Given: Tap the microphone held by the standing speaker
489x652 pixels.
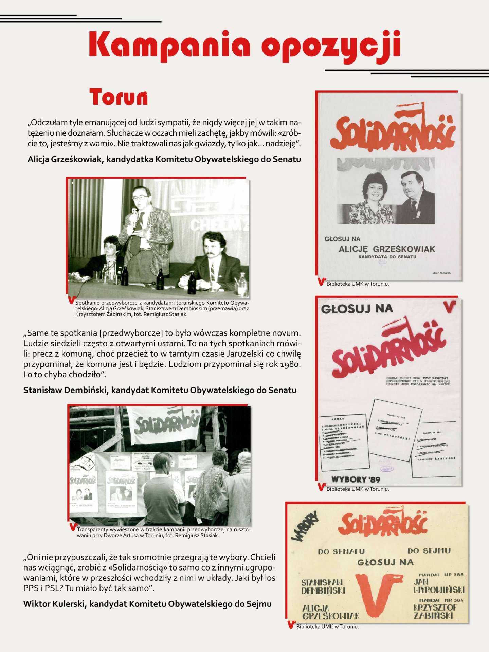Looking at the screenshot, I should (x=134, y=213).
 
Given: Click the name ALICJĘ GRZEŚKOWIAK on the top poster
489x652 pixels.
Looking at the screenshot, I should (x=386, y=249).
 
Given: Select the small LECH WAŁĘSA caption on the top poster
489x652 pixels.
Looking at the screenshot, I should (x=441, y=273).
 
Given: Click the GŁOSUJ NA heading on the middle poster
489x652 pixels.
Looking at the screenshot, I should (x=357, y=309).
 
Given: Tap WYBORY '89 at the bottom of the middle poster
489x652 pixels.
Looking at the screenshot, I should (x=356, y=479).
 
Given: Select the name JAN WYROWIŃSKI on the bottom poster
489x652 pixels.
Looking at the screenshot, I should (x=438, y=586).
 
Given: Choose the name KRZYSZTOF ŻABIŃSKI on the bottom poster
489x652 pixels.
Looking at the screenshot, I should (x=435, y=612).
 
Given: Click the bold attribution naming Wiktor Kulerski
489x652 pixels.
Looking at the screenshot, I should (x=147, y=604).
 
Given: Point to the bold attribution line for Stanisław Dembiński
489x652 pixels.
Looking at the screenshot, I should (x=160, y=390).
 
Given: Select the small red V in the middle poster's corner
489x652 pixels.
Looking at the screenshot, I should (x=450, y=306).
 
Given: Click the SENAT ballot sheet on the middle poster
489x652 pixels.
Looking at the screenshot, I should (x=344, y=441).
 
